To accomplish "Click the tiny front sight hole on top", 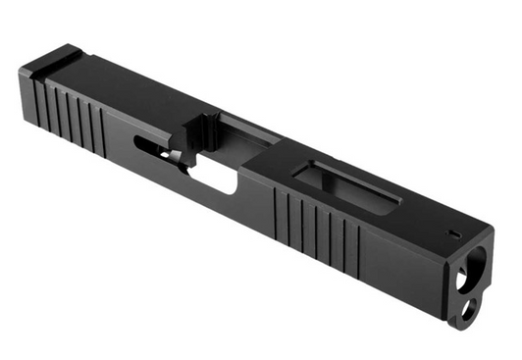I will (455, 233).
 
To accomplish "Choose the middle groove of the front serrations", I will (319, 231).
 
